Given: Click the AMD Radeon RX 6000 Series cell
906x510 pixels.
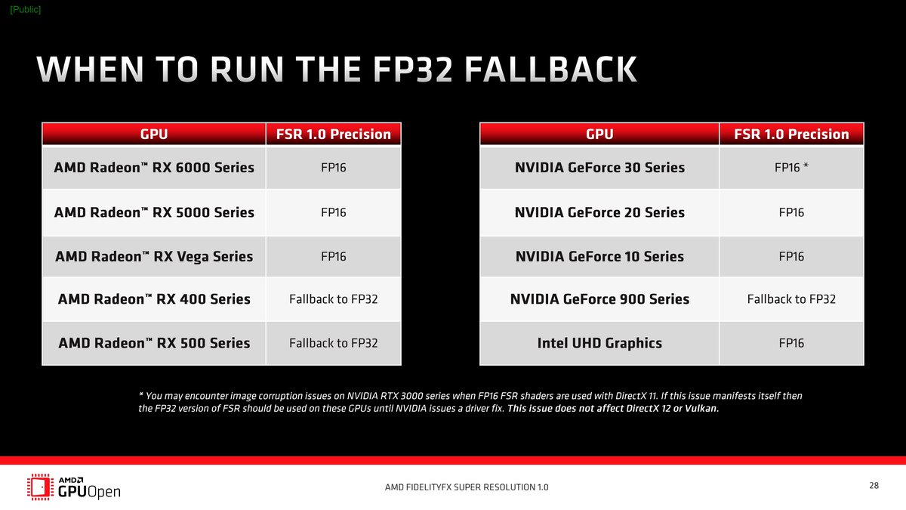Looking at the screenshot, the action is tap(154, 168).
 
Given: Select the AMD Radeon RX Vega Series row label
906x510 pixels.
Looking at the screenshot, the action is tap(154, 257).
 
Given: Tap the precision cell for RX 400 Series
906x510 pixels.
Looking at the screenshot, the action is tap(333, 299).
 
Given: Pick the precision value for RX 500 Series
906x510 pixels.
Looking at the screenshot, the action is tap(333, 343).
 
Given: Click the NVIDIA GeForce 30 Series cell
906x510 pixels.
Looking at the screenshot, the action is tap(599, 168).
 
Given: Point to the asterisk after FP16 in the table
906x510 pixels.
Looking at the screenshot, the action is tap(806, 165).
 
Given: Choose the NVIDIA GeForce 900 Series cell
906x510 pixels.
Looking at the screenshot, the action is tap(599, 299).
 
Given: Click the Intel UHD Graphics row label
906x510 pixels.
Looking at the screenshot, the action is tap(599, 343).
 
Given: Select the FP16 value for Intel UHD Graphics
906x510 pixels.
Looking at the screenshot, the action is tap(791, 343).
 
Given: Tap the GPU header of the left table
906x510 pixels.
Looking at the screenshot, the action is tap(154, 134).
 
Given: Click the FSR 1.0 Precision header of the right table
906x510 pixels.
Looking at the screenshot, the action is tap(791, 134).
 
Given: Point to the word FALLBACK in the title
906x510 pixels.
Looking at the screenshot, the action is tap(550, 70).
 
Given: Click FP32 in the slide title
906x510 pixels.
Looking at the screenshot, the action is tap(412, 70).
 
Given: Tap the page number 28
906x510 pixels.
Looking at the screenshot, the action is tap(874, 485).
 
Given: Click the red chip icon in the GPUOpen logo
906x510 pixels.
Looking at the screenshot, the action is tap(40, 487).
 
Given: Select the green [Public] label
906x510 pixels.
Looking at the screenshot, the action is tap(26, 9).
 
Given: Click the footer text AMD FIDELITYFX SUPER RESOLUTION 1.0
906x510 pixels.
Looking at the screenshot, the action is tap(467, 487).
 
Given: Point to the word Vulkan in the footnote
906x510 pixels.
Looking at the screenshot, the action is tap(701, 409).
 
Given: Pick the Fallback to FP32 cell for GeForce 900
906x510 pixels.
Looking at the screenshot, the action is tap(791, 299).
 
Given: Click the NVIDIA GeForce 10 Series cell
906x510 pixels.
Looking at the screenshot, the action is tap(599, 257).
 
